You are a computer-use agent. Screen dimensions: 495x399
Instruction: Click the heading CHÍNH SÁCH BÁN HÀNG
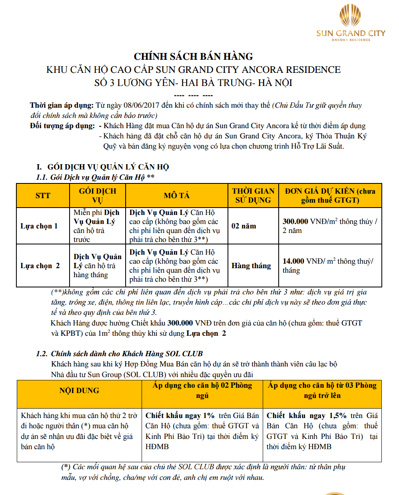click(x=194, y=57)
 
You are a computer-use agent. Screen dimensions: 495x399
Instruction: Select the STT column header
click(x=43, y=195)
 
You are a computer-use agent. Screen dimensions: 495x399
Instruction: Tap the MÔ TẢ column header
click(x=176, y=195)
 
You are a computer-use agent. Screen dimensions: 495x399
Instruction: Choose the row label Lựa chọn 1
click(x=39, y=226)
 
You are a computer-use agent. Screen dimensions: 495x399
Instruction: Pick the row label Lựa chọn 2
click(x=40, y=266)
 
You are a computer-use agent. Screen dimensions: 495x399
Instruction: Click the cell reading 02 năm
click(x=243, y=226)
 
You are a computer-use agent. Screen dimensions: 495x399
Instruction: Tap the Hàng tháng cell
click(x=251, y=266)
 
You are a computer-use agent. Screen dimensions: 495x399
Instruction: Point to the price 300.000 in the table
click(x=295, y=222)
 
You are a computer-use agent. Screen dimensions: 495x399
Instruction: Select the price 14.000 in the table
click(x=293, y=261)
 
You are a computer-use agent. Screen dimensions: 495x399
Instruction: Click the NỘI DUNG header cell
click(x=79, y=390)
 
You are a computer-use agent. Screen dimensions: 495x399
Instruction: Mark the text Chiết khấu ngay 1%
click(x=180, y=415)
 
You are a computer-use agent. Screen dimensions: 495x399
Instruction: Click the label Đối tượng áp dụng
click(x=63, y=126)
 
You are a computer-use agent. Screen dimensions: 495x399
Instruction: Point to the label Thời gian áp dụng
click(x=62, y=106)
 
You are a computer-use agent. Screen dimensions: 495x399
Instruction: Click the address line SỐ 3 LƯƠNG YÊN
click(x=193, y=82)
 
